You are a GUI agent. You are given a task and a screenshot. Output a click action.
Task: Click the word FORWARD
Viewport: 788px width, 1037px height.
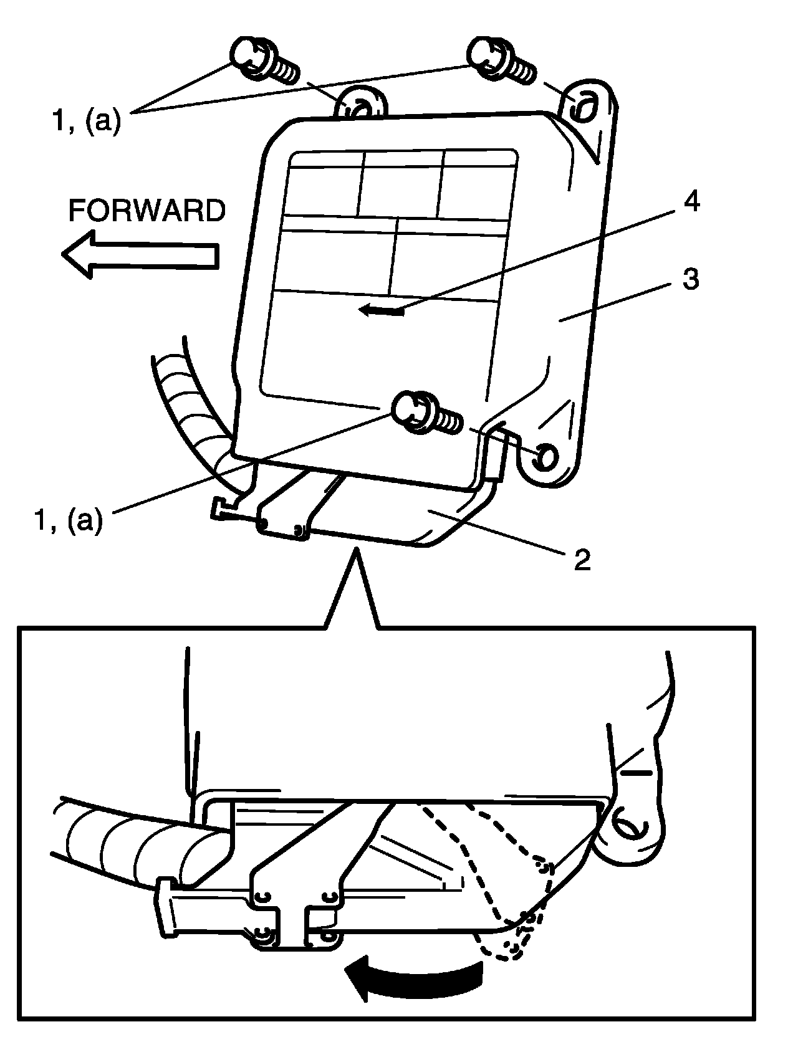(147, 211)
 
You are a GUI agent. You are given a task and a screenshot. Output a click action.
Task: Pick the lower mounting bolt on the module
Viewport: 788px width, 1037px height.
(426, 414)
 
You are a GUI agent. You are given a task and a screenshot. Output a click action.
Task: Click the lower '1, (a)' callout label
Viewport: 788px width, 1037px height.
(68, 519)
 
